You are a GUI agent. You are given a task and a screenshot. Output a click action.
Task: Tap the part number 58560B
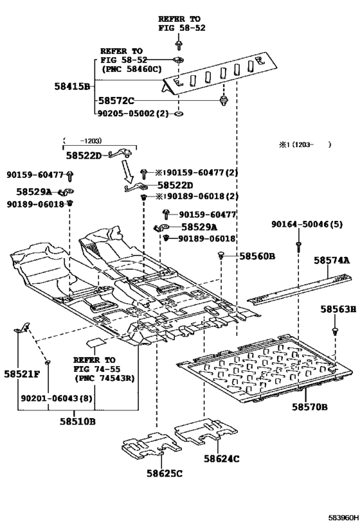pos(257,256)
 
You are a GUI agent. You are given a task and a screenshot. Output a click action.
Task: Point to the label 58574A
pos(332,260)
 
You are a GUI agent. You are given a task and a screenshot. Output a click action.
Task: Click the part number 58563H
pos(338,310)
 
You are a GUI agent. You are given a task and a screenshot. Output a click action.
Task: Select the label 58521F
pos(22,374)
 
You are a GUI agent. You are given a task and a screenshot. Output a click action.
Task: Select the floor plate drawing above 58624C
pos(204,432)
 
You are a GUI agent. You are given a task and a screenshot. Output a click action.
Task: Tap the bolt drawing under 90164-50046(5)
pos(299,246)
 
